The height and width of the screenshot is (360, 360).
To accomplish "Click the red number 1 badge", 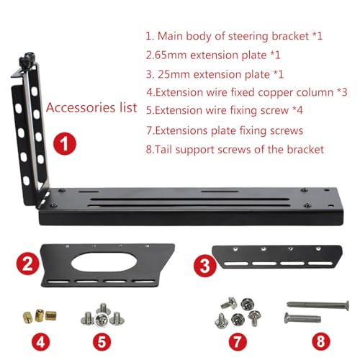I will pyautogui.click(x=65, y=144).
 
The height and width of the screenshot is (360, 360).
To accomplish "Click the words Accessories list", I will pyautogui.click(x=91, y=108).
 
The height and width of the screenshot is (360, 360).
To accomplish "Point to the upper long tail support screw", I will pyautogui.click(x=313, y=305).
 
